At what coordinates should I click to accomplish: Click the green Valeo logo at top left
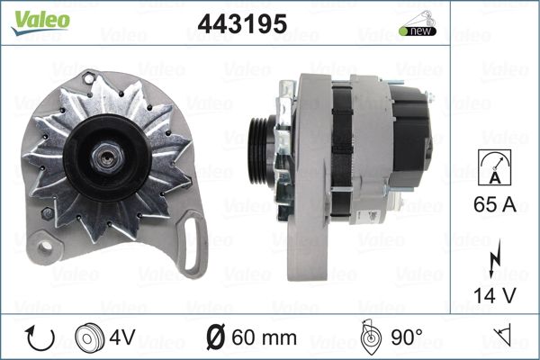pyautogui.click(x=40, y=22)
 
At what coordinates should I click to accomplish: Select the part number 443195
pyautogui.click(x=242, y=23)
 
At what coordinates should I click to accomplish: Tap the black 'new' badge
pyautogui.click(x=418, y=31)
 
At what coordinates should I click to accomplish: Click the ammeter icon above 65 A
pyautogui.click(x=494, y=167)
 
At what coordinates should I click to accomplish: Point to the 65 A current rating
pyautogui.click(x=494, y=204)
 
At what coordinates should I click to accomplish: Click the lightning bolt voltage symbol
pyautogui.click(x=495, y=257)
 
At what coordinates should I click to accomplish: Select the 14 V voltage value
pyautogui.click(x=494, y=295)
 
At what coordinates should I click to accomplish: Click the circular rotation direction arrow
pyautogui.click(x=40, y=337)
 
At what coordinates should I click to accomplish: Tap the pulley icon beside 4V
pyautogui.click(x=89, y=338)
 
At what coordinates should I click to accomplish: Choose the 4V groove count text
pyautogui.click(x=122, y=337)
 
